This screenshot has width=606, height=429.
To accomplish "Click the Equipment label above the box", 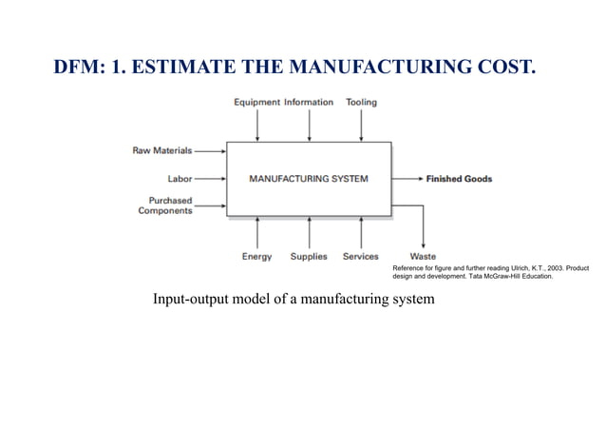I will [256, 102].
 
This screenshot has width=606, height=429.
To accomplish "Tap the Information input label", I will [309, 102].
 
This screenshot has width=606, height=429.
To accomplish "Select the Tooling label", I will [361, 102].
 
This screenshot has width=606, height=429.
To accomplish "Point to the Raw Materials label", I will [161, 150].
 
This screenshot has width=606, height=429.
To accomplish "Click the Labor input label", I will [180, 178].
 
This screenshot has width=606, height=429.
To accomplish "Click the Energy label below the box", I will [256, 256].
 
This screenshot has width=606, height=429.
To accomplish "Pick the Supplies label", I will [309, 256].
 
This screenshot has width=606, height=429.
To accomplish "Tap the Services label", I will [361, 256].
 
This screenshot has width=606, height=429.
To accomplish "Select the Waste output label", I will [423, 256].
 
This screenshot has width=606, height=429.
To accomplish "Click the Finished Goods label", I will [459, 179].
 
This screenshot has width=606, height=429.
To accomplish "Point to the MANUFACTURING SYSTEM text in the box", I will [308, 178].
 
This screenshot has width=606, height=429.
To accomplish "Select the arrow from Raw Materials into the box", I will [210, 150].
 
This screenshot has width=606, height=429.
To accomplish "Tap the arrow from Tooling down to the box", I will [361, 126].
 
